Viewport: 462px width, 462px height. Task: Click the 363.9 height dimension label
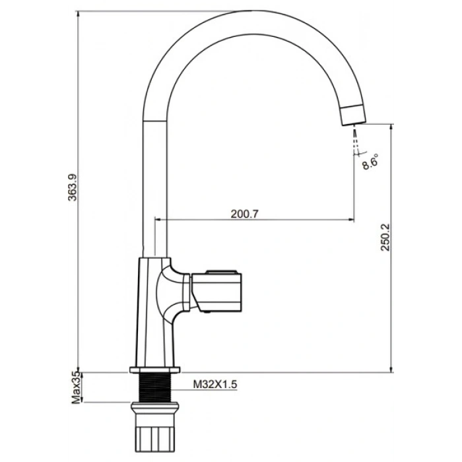pos(73,187)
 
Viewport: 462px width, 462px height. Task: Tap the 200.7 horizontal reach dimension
pos(244,214)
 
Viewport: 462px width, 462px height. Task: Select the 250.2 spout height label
pos(385,237)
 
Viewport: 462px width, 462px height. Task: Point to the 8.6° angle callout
pos(370,162)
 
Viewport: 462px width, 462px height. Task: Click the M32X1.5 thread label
pos(215,384)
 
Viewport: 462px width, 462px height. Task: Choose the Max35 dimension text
pos(76,388)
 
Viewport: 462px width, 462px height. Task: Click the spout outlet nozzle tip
pos(353,115)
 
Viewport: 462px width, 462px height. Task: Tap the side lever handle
pos(216,291)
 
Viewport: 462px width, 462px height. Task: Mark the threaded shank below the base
pos(154,387)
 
